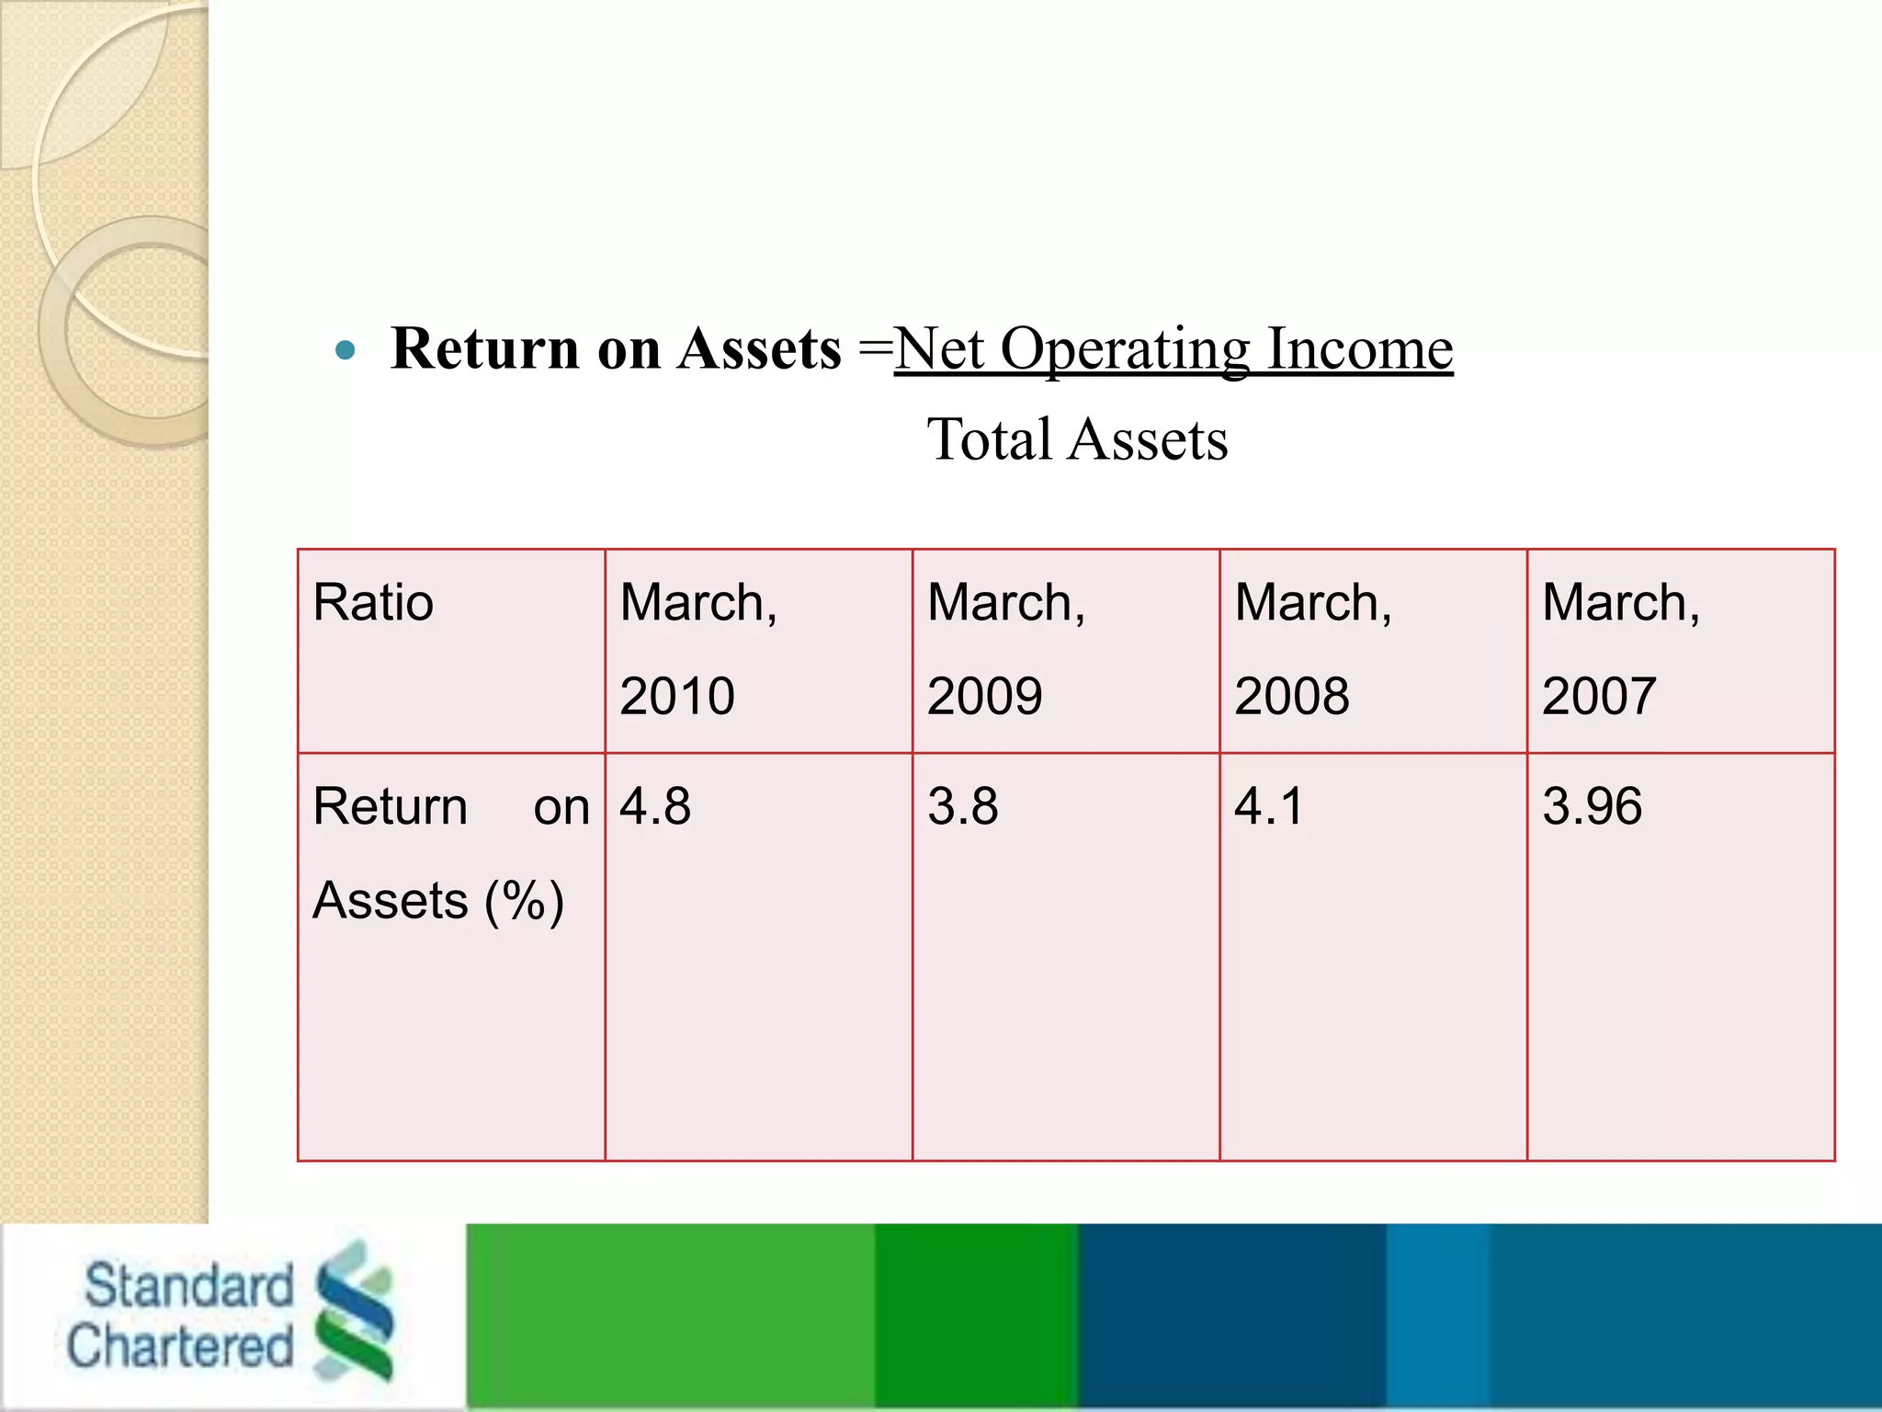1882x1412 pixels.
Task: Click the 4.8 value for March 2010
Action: point(654,806)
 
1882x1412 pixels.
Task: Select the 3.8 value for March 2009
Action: point(962,806)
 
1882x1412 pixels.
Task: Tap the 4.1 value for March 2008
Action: point(1268,806)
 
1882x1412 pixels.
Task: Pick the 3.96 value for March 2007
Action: point(1592,806)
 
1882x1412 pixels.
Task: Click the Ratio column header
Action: point(373,603)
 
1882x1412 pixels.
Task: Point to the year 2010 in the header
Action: point(677,696)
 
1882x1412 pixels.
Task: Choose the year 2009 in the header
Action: point(984,696)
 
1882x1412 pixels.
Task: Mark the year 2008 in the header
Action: point(1291,696)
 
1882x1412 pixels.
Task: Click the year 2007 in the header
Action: point(1599,696)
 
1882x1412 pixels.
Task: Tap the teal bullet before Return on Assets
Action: point(346,350)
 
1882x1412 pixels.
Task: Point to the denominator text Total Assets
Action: point(1077,439)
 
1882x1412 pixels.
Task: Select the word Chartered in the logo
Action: point(180,1346)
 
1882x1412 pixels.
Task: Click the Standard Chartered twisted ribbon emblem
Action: point(353,1311)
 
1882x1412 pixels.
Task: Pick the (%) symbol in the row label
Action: point(524,901)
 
